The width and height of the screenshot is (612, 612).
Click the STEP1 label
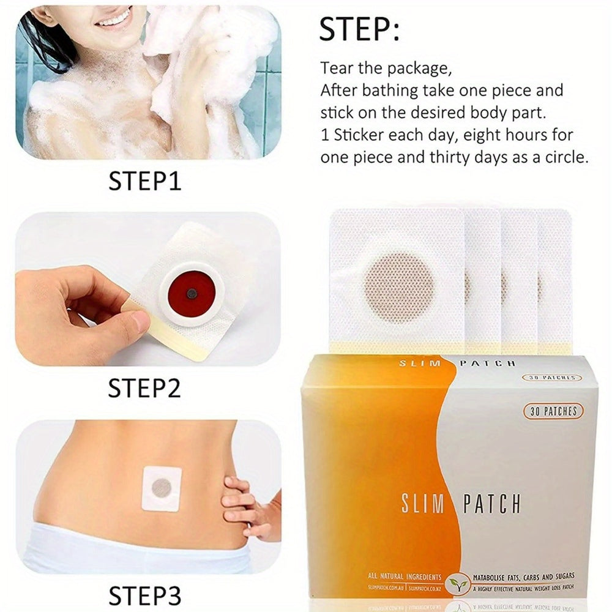(x=145, y=181)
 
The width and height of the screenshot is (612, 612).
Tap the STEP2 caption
(x=145, y=388)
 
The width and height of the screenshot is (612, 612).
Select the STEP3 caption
(x=145, y=595)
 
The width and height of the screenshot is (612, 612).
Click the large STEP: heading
(x=359, y=29)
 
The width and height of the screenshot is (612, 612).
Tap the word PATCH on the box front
(x=491, y=504)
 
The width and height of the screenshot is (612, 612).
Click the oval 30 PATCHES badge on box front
(x=553, y=411)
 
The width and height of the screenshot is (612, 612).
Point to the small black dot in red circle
(x=192, y=294)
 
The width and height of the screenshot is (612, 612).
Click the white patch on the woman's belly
(x=162, y=488)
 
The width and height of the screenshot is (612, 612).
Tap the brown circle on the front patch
(x=398, y=286)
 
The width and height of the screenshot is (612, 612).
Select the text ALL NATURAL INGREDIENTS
(x=405, y=576)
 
